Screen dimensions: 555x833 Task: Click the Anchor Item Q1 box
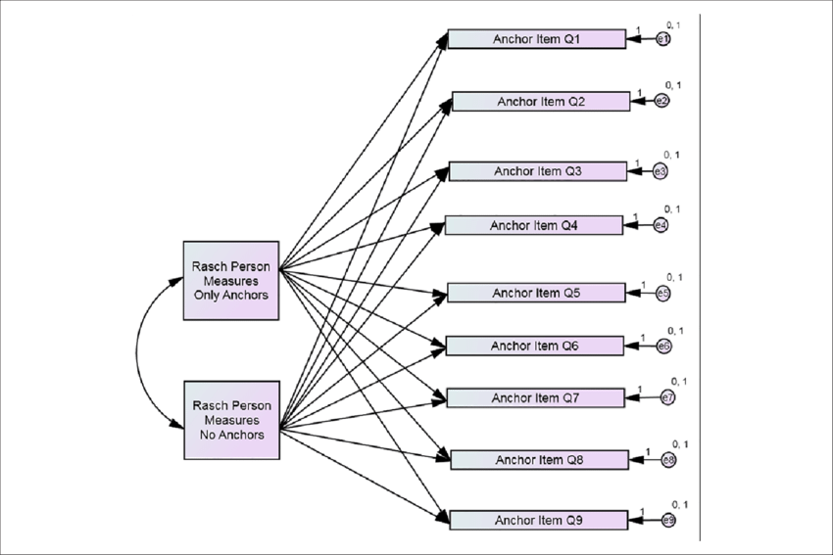coord(536,39)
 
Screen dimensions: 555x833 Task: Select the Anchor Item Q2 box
coord(540,102)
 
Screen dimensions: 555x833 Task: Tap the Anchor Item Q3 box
coord(537,171)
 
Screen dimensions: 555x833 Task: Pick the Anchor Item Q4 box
coord(534,225)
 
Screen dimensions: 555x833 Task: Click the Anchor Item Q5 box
coord(536,293)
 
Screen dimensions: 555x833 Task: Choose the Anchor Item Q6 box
coord(534,346)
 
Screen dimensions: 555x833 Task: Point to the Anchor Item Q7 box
coord(536,397)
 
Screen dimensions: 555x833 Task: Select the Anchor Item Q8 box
coord(539,459)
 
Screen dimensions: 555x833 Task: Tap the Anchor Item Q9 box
coord(539,520)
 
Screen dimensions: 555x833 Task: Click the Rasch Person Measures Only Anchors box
coord(232,280)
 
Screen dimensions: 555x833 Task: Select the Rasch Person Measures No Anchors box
coord(232,420)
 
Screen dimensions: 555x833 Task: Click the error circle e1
coord(663,39)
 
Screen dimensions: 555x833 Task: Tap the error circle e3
coord(661,172)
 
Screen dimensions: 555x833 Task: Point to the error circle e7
coord(667,397)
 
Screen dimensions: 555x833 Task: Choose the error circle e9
coord(668,520)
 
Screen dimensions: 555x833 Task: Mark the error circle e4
coord(661,225)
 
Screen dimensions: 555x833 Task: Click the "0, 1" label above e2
coord(673,86)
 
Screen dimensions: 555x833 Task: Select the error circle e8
coord(668,459)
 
